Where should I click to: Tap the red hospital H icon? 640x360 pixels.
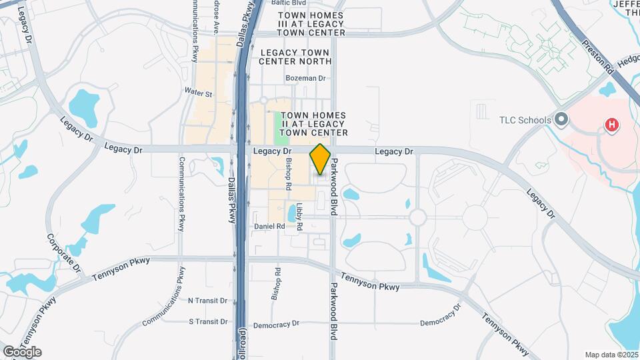point(610,125)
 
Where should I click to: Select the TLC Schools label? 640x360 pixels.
point(525,121)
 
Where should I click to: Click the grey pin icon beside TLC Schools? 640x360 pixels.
point(561,120)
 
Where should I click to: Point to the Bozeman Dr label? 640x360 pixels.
point(305,78)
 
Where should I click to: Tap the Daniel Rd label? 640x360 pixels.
point(269,227)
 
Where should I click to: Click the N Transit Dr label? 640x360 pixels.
point(208,301)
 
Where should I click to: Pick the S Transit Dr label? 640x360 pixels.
point(209,321)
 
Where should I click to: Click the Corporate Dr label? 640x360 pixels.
point(63,253)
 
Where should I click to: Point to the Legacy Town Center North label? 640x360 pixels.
point(296,57)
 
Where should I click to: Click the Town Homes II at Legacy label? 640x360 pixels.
point(314,124)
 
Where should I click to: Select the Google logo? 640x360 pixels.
point(22,352)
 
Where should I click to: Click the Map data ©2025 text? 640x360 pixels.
point(612,355)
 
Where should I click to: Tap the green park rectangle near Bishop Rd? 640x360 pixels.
point(282,128)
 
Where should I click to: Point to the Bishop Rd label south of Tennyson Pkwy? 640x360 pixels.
point(276,284)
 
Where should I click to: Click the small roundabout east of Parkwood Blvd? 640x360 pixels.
point(418,217)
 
